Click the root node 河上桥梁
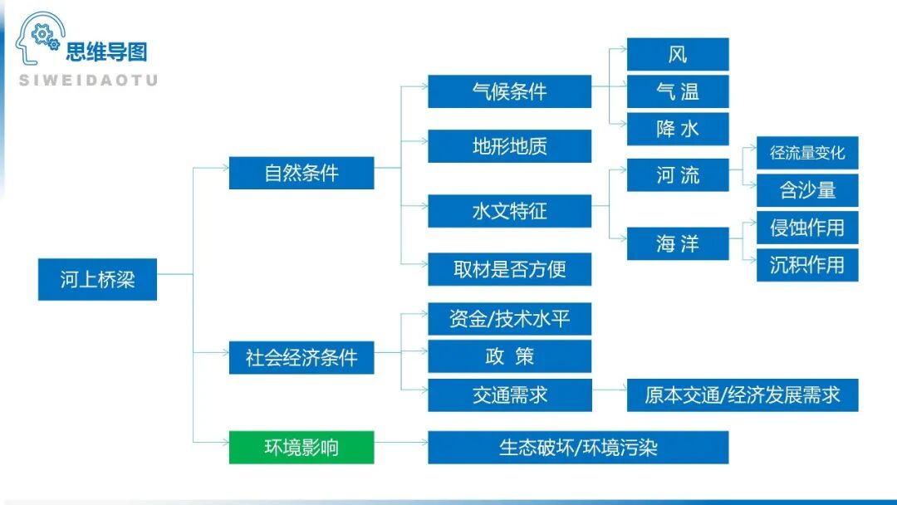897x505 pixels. tap(97, 279)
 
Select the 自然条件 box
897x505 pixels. tap(301, 173)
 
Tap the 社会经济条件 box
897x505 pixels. tap(301, 358)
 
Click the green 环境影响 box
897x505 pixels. tap(301, 447)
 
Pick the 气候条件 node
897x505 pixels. tap(509, 91)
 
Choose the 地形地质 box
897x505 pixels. tap(509, 146)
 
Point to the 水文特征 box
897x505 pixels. tap(509, 211)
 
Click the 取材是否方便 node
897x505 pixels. tap(509, 269)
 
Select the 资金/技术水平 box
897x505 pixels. tap(509, 319)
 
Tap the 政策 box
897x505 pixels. tap(509, 356)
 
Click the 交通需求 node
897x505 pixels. tap(509, 395)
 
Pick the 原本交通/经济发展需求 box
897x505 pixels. tap(742, 395)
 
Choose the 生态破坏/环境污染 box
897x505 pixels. tap(578, 447)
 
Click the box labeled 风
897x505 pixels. tap(678, 54)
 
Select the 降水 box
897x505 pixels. tap(678, 129)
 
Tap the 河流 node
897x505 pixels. tap(678, 175)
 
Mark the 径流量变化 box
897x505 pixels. tap(806, 153)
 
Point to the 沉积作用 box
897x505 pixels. tap(806, 265)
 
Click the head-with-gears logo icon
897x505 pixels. tap(38, 38)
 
